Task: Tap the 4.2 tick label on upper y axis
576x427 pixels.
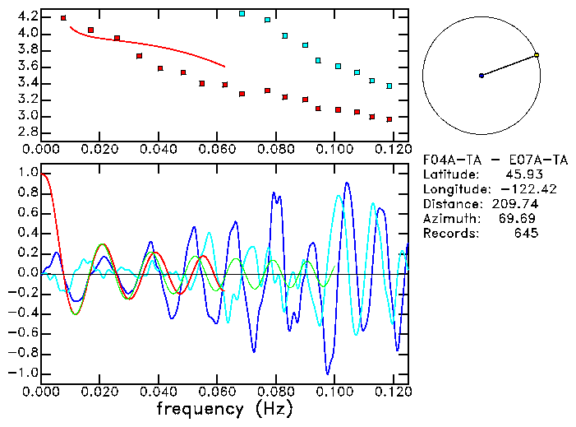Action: [27, 16]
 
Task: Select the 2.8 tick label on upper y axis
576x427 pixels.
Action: [27, 132]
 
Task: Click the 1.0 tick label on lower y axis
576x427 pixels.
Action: [27, 173]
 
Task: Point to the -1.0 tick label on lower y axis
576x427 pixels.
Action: [24, 373]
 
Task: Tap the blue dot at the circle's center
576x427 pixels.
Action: [482, 76]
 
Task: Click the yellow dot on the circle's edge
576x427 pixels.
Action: [537, 55]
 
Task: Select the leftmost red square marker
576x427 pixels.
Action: [63, 17]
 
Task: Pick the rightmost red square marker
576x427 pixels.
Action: [389, 118]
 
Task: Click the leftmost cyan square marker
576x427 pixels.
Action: [242, 13]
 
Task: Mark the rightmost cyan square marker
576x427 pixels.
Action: [389, 86]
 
